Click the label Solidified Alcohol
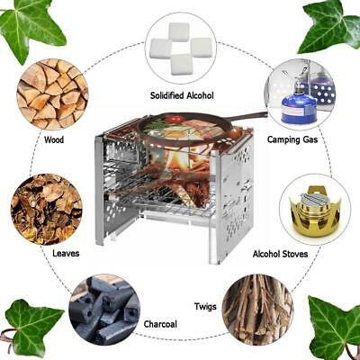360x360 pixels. click(x=182, y=95)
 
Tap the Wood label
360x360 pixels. click(x=54, y=139)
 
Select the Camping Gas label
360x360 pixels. click(x=292, y=139)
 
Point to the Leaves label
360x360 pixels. click(x=66, y=253)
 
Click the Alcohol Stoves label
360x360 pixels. click(x=280, y=254)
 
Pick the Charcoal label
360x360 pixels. click(x=160, y=324)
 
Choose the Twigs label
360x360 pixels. click(x=205, y=307)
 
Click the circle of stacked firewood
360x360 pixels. click(x=53, y=94)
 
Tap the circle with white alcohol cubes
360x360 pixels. click(x=181, y=49)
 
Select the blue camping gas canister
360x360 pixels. click(x=298, y=107)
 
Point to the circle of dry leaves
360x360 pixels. click(x=47, y=210)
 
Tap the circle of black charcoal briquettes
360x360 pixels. click(x=104, y=310)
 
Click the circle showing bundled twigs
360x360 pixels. click(x=257, y=310)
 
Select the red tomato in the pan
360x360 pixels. click(x=176, y=120)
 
